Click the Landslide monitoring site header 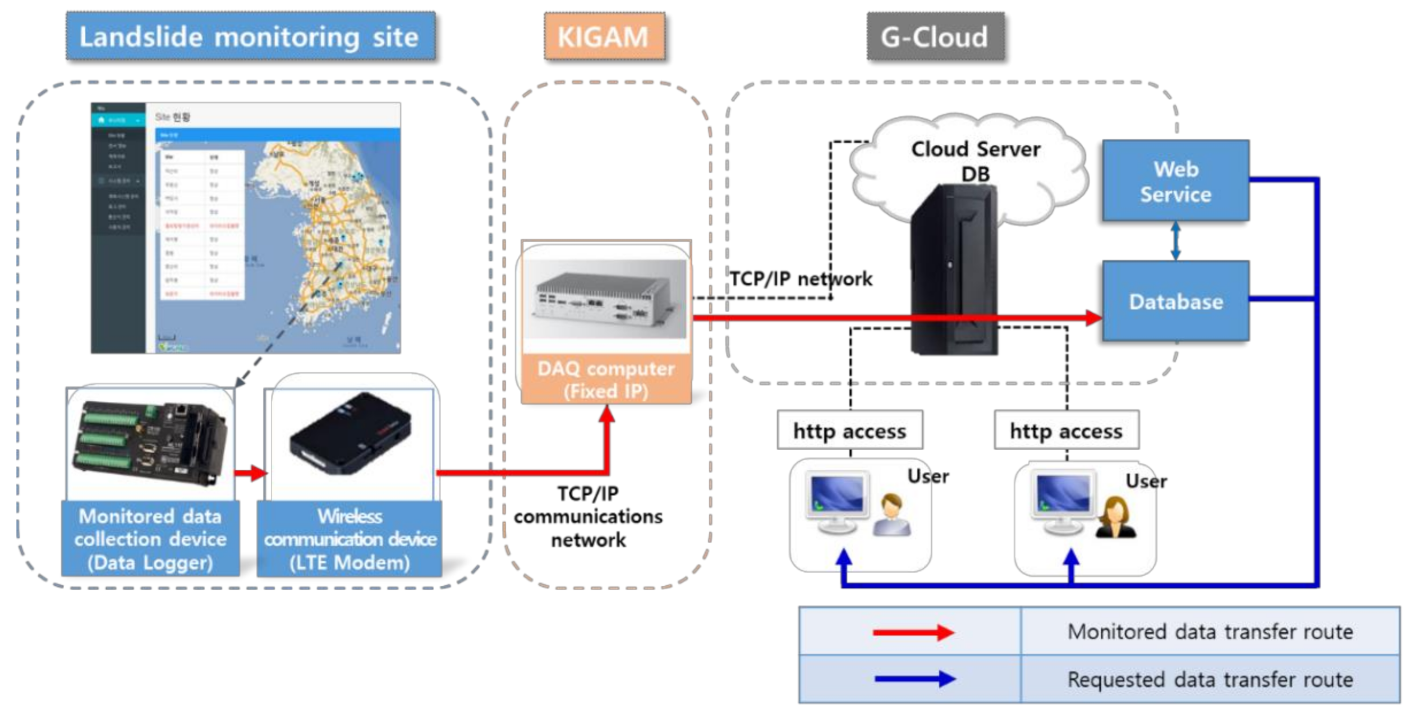pyautogui.click(x=251, y=36)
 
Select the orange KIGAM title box pyautogui.click(x=604, y=36)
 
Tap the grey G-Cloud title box pyautogui.click(x=935, y=36)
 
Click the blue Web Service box pyautogui.click(x=1176, y=181)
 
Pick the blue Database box pyautogui.click(x=1176, y=301)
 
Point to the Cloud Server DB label pyautogui.click(x=976, y=160)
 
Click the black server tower pyautogui.click(x=953, y=269)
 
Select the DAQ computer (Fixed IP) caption pyautogui.click(x=606, y=380)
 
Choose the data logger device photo pyautogui.click(x=149, y=443)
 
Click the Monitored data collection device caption pyautogui.click(x=151, y=539)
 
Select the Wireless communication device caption pyautogui.click(x=350, y=539)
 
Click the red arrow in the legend pyautogui.click(x=913, y=632)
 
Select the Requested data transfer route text pyautogui.click(x=1210, y=679)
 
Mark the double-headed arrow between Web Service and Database pyautogui.click(x=1176, y=240)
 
